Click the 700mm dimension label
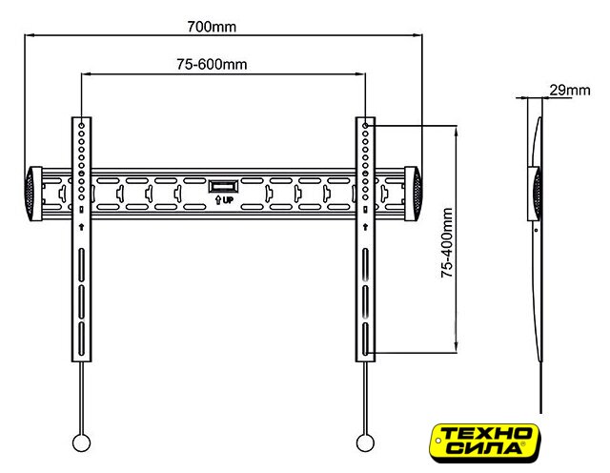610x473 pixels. tap(212, 27)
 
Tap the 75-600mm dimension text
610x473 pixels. tap(212, 64)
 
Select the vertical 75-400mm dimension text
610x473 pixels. tap(447, 242)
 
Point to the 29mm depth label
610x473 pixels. tap(570, 91)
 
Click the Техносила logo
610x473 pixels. tap(485, 443)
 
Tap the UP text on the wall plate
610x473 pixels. tap(228, 200)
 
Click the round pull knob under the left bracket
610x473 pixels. tap(82, 442)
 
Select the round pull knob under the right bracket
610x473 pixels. tap(365, 442)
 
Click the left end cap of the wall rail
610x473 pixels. tap(33, 194)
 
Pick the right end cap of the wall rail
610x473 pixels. tap(413, 194)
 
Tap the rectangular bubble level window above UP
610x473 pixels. tap(223, 186)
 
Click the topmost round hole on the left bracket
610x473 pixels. tap(81, 126)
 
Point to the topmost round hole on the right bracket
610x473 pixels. tap(365, 126)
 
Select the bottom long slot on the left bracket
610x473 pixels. tap(81, 339)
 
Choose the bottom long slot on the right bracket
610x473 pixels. tap(365, 339)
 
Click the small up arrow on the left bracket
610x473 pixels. tap(81, 227)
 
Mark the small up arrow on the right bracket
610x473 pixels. tap(365, 227)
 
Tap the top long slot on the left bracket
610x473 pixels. tap(81, 265)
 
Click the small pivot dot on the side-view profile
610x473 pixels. tap(536, 230)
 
